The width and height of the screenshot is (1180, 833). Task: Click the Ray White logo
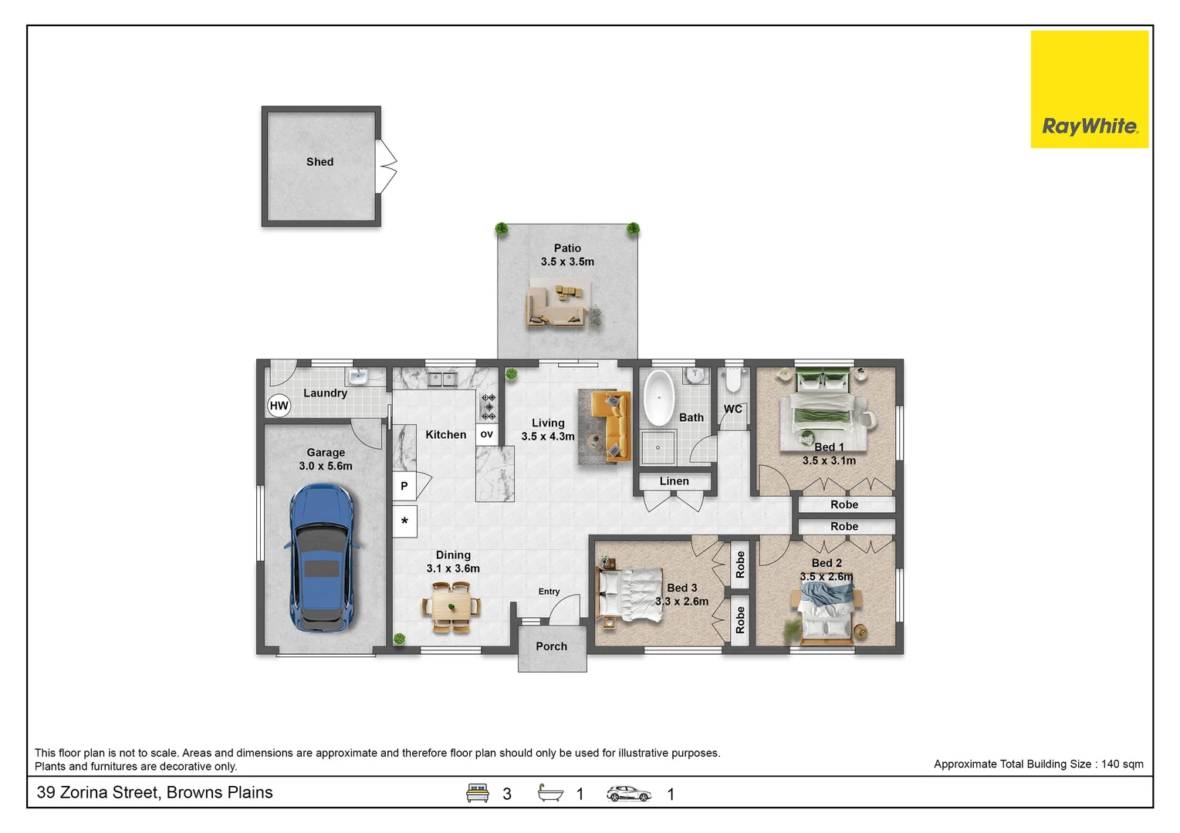pyautogui.click(x=1090, y=89)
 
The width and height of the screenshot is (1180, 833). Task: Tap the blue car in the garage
pyautogui.click(x=322, y=558)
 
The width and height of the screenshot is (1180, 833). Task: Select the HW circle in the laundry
pyautogui.click(x=279, y=406)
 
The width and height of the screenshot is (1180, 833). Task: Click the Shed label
pyautogui.click(x=320, y=162)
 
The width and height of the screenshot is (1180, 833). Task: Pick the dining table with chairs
pyautogui.click(x=451, y=606)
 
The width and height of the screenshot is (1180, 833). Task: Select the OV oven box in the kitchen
pyautogui.click(x=487, y=434)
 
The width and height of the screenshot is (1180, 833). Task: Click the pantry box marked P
pyautogui.click(x=404, y=485)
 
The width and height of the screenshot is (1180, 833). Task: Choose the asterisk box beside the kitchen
pyautogui.click(x=404, y=521)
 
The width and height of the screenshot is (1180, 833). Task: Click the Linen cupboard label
pyautogui.click(x=675, y=481)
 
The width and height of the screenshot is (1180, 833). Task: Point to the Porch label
pyautogui.click(x=552, y=646)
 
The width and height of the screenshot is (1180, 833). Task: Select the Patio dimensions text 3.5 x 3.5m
pyautogui.click(x=567, y=261)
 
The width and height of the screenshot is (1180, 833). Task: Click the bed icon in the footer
pyautogui.click(x=477, y=793)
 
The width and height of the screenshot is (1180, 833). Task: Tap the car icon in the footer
pyautogui.click(x=628, y=794)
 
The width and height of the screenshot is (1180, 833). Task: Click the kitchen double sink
pyautogui.click(x=441, y=379)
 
